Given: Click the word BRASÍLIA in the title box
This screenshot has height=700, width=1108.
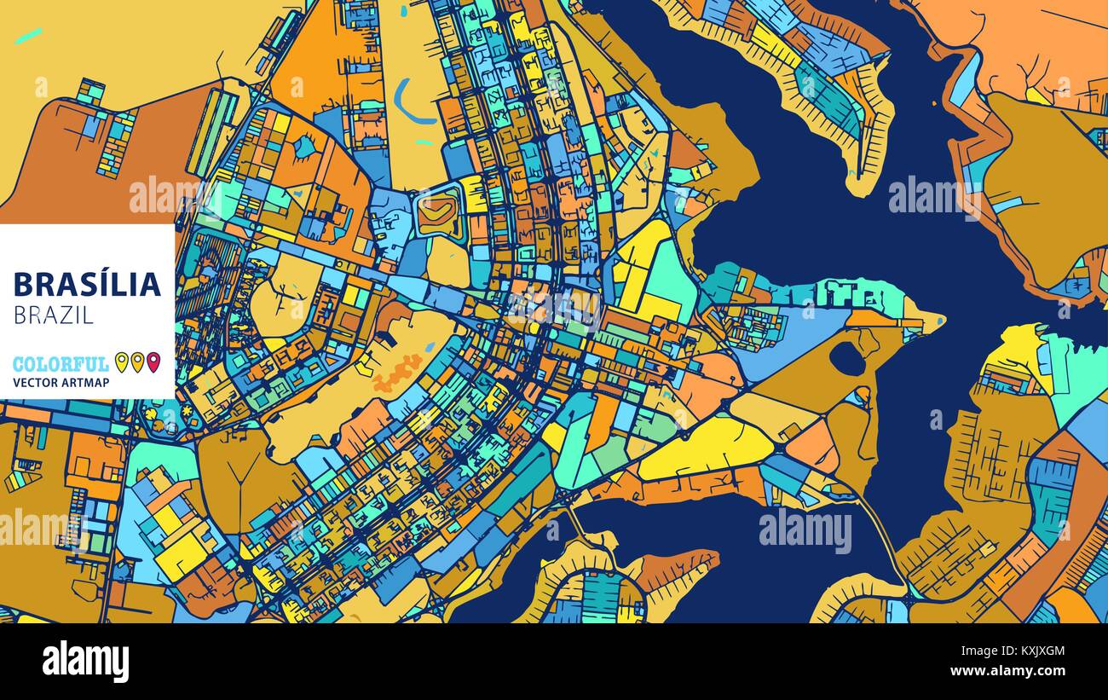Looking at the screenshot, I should pyautogui.click(x=87, y=283).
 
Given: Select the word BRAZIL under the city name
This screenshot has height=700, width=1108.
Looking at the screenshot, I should pyautogui.click(x=54, y=315).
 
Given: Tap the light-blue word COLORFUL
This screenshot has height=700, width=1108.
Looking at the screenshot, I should pyautogui.click(x=61, y=364).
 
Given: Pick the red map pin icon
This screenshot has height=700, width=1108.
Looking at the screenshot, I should pyautogui.click(x=153, y=362).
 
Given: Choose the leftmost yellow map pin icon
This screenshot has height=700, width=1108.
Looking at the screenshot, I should pyautogui.click(x=121, y=362).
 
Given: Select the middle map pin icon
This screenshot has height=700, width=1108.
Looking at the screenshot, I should pyautogui.click(x=137, y=362).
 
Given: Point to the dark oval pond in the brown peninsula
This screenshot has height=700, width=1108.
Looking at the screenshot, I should pyautogui.click(x=847, y=358).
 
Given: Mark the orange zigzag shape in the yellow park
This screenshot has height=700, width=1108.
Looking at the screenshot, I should pyautogui.click(x=397, y=373).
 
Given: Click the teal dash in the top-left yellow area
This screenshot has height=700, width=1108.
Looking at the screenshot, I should pyautogui.click(x=28, y=35).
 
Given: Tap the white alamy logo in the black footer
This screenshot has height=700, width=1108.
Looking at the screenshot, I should pyautogui.click(x=85, y=662).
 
